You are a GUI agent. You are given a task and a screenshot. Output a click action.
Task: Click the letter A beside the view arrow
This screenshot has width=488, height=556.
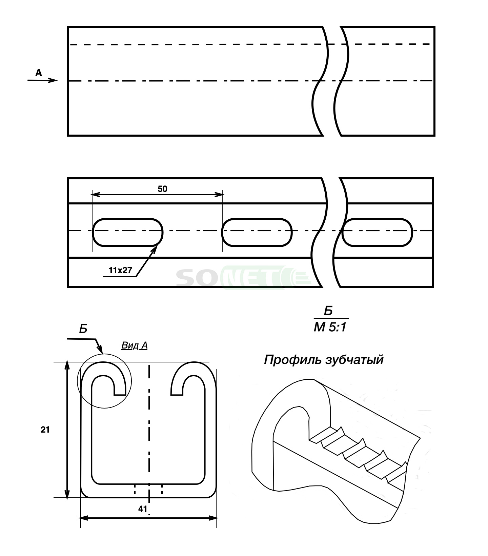39,73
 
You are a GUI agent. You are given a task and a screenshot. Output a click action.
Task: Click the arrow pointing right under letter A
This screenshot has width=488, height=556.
43,80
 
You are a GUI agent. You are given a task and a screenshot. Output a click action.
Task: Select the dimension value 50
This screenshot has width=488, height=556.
163,189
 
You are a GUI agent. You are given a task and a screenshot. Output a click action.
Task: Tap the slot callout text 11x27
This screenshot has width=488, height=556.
120,271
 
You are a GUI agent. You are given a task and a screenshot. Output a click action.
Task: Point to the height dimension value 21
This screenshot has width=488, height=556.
45,430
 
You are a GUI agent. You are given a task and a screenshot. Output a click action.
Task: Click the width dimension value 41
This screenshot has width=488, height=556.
143,509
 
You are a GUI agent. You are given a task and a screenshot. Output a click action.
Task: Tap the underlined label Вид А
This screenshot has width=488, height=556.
135,346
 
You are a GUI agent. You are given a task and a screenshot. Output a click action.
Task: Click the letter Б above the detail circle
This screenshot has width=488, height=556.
83,329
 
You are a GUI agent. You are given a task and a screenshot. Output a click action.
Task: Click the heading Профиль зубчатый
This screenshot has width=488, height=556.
324,360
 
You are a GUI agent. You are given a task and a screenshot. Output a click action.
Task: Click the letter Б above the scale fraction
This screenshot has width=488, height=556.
328,311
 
